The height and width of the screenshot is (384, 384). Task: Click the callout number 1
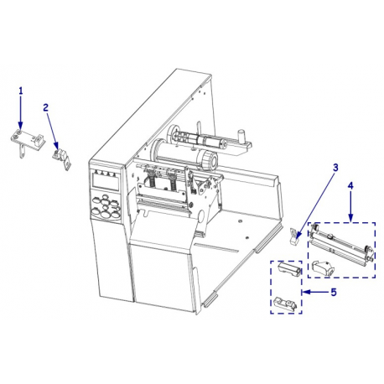tap(21, 90)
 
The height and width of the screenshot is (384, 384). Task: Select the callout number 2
tap(47, 108)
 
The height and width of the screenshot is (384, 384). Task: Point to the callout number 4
tap(350, 184)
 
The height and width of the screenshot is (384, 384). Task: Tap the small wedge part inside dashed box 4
tap(321, 267)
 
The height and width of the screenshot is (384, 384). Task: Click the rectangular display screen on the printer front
tap(106, 179)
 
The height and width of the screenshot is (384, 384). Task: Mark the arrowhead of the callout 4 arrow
tap(350, 216)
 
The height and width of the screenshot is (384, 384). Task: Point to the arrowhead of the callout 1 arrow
tap(21, 123)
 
